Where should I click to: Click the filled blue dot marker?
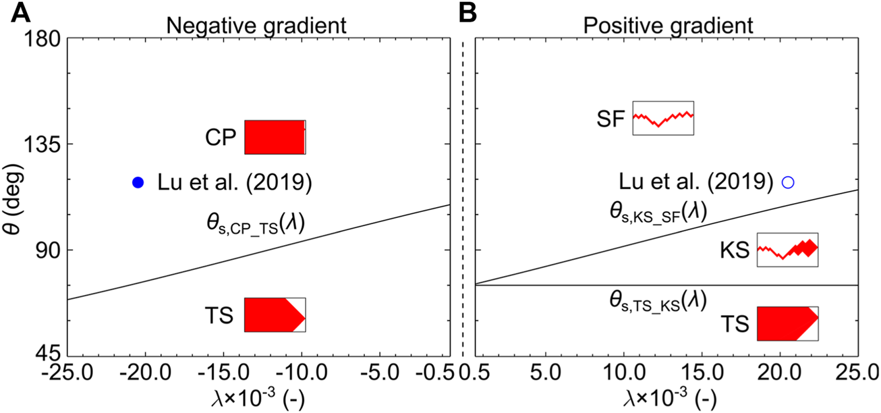(138, 182)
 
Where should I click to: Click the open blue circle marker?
(787, 182)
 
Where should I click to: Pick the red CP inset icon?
(275, 137)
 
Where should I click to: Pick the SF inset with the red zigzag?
(662, 118)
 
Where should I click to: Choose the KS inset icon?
(787, 250)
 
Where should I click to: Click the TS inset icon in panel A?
(275, 314)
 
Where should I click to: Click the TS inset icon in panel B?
(787, 323)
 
